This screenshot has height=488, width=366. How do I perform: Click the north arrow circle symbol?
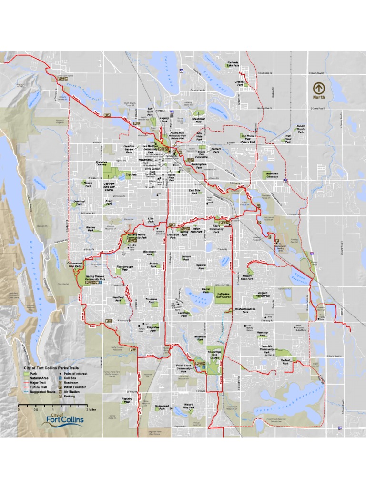319,88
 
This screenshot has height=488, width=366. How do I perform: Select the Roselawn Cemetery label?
272,175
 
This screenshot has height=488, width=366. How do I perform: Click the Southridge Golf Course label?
214,356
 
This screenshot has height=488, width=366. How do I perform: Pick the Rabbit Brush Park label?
301,130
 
